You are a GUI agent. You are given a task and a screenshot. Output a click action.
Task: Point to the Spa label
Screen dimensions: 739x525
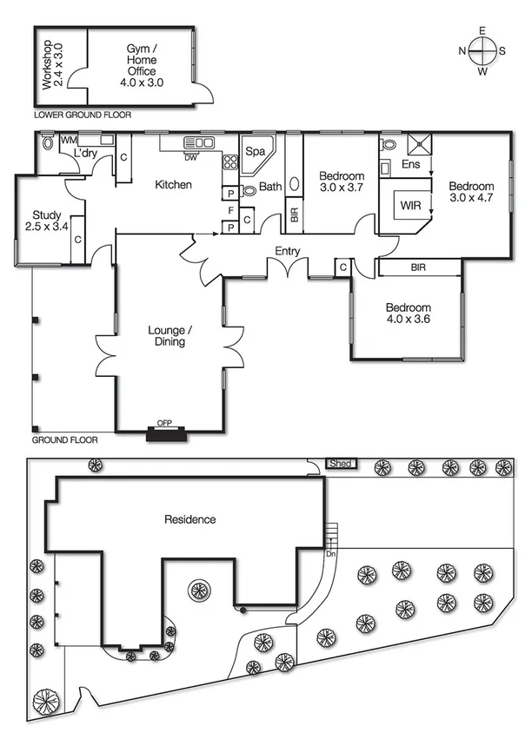tap(255, 151)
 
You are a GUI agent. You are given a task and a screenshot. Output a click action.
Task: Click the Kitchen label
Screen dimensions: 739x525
tap(173, 185)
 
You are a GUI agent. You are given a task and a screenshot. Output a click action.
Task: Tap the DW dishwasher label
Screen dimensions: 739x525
tap(190, 158)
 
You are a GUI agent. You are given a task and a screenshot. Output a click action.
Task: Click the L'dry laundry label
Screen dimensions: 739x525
tap(85, 154)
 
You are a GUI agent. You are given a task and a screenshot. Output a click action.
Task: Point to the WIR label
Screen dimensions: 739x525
tap(410, 207)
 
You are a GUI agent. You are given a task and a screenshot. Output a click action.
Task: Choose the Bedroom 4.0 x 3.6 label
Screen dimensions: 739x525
tap(408, 314)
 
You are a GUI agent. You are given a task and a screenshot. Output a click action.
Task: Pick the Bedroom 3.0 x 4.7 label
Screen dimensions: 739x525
tap(471, 192)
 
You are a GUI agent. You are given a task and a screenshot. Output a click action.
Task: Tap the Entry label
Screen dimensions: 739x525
tap(288, 251)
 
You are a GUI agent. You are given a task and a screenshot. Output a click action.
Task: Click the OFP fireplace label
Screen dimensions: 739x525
tap(164, 423)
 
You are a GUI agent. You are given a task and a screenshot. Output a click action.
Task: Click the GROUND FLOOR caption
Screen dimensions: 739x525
tap(65, 440)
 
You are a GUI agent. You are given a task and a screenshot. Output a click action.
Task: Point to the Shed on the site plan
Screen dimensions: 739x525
tap(341, 464)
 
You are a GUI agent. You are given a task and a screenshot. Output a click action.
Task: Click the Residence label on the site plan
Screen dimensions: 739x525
tap(190, 519)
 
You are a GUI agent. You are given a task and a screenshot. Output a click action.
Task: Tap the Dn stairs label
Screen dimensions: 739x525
tap(330, 553)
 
